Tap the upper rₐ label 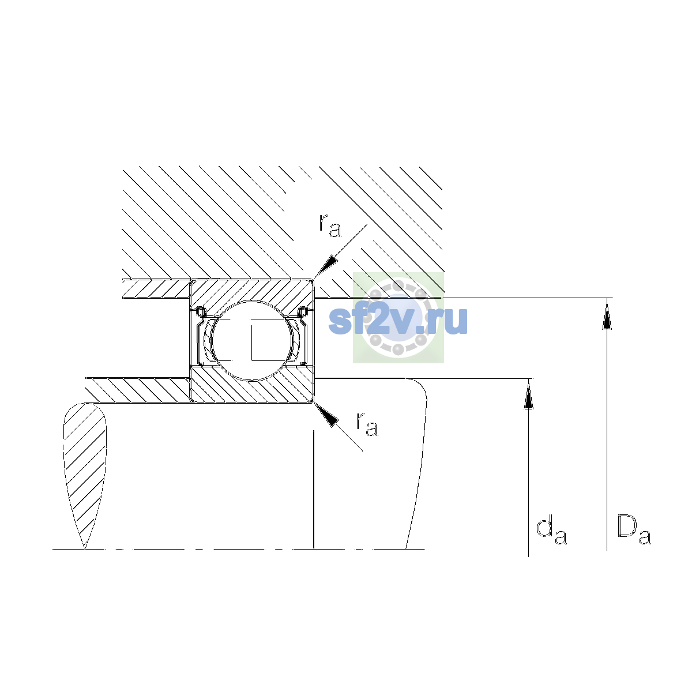pos(330,225)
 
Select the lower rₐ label pos(367,424)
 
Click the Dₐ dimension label pos(634,530)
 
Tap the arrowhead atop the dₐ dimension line pos(528,394)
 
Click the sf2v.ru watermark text pos(398,321)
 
